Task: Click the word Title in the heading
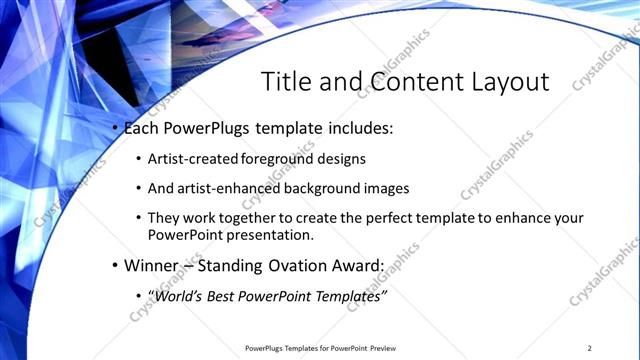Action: [284, 82]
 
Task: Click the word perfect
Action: [387, 218]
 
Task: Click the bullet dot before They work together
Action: [137, 218]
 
